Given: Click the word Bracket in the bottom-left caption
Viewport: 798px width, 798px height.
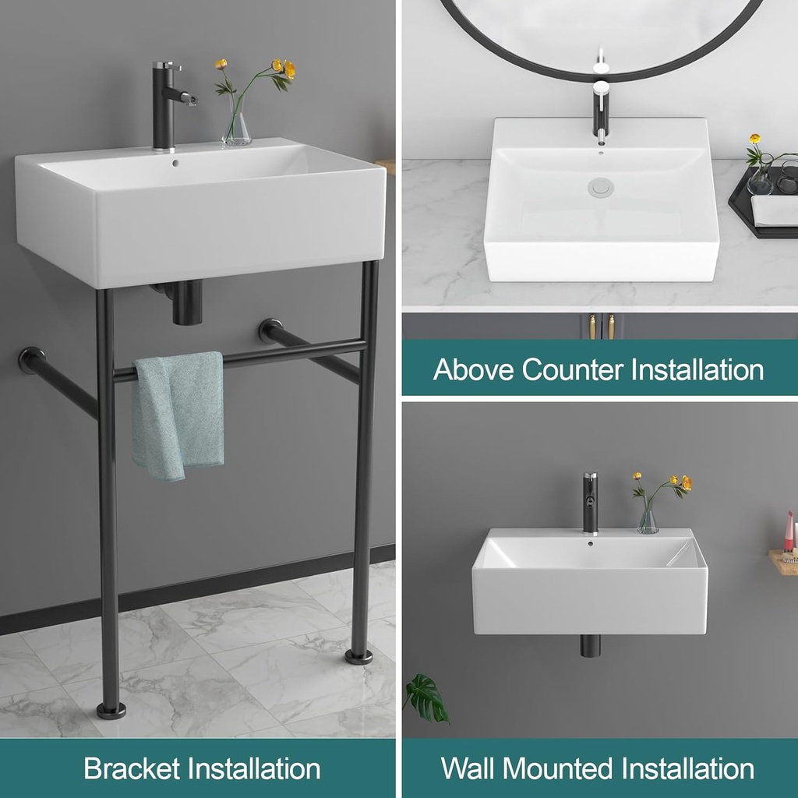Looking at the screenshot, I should point(129,769).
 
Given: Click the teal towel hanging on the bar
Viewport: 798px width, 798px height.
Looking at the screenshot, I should point(177,413).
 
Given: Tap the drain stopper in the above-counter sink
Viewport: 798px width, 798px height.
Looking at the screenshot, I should point(601,187).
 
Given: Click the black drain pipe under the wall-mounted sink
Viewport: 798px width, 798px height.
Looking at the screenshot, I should point(590,645).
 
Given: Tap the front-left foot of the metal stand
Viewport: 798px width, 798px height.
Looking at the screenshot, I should point(111,710).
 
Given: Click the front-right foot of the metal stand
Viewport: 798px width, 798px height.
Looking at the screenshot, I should point(359,655).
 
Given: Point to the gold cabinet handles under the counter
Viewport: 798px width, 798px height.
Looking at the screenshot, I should point(601,327).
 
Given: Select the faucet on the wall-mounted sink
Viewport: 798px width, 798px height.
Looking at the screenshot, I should point(590,503).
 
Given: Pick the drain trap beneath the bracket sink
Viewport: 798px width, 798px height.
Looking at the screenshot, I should point(185,302).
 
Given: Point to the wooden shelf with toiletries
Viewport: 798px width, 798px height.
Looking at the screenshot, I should point(782,561).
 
